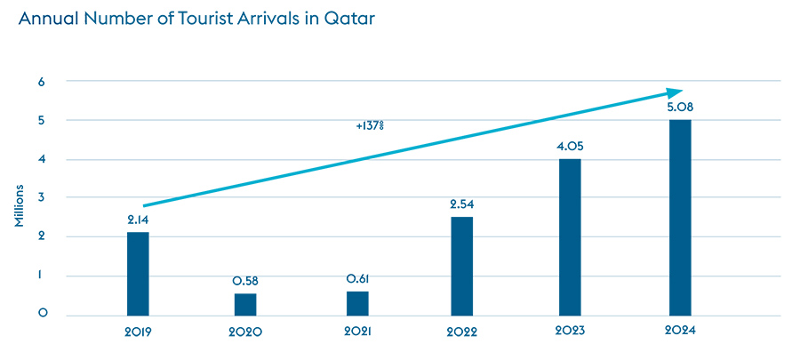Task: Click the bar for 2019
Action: coord(138,274)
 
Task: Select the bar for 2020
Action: coord(245,304)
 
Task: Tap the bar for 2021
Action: coord(357,303)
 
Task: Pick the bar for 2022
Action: coord(461,266)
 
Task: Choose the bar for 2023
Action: coord(570,236)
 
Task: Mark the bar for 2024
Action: coord(680,217)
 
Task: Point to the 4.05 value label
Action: coord(571,147)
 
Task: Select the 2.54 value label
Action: coord(462,206)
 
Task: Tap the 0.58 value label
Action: coord(245,281)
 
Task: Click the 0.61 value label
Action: coord(358,279)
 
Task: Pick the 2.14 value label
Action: coord(138,220)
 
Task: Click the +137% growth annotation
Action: coord(369,126)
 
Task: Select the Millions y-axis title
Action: coord(20,207)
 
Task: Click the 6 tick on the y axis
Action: coord(42,81)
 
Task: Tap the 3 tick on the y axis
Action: coord(42,197)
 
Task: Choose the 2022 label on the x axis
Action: coord(462,332)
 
